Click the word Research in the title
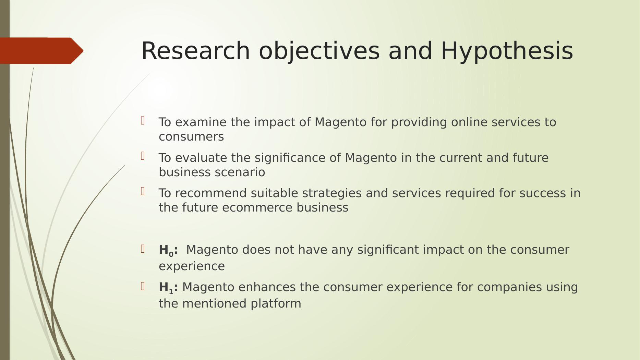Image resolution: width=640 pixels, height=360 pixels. (196, 51)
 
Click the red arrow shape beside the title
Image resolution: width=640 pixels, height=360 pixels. (41, 51)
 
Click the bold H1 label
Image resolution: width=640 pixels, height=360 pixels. (168, 288)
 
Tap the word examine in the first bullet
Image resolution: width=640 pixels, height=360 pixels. (201, 122)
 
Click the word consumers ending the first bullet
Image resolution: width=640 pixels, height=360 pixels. (191, 137)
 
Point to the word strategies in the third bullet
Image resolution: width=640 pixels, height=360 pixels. (332, 193)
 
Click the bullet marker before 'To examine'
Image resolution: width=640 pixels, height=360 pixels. (143, 121)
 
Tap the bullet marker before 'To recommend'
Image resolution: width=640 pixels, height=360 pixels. (143, 191)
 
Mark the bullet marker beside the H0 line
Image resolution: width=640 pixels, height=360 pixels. (143, 249)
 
